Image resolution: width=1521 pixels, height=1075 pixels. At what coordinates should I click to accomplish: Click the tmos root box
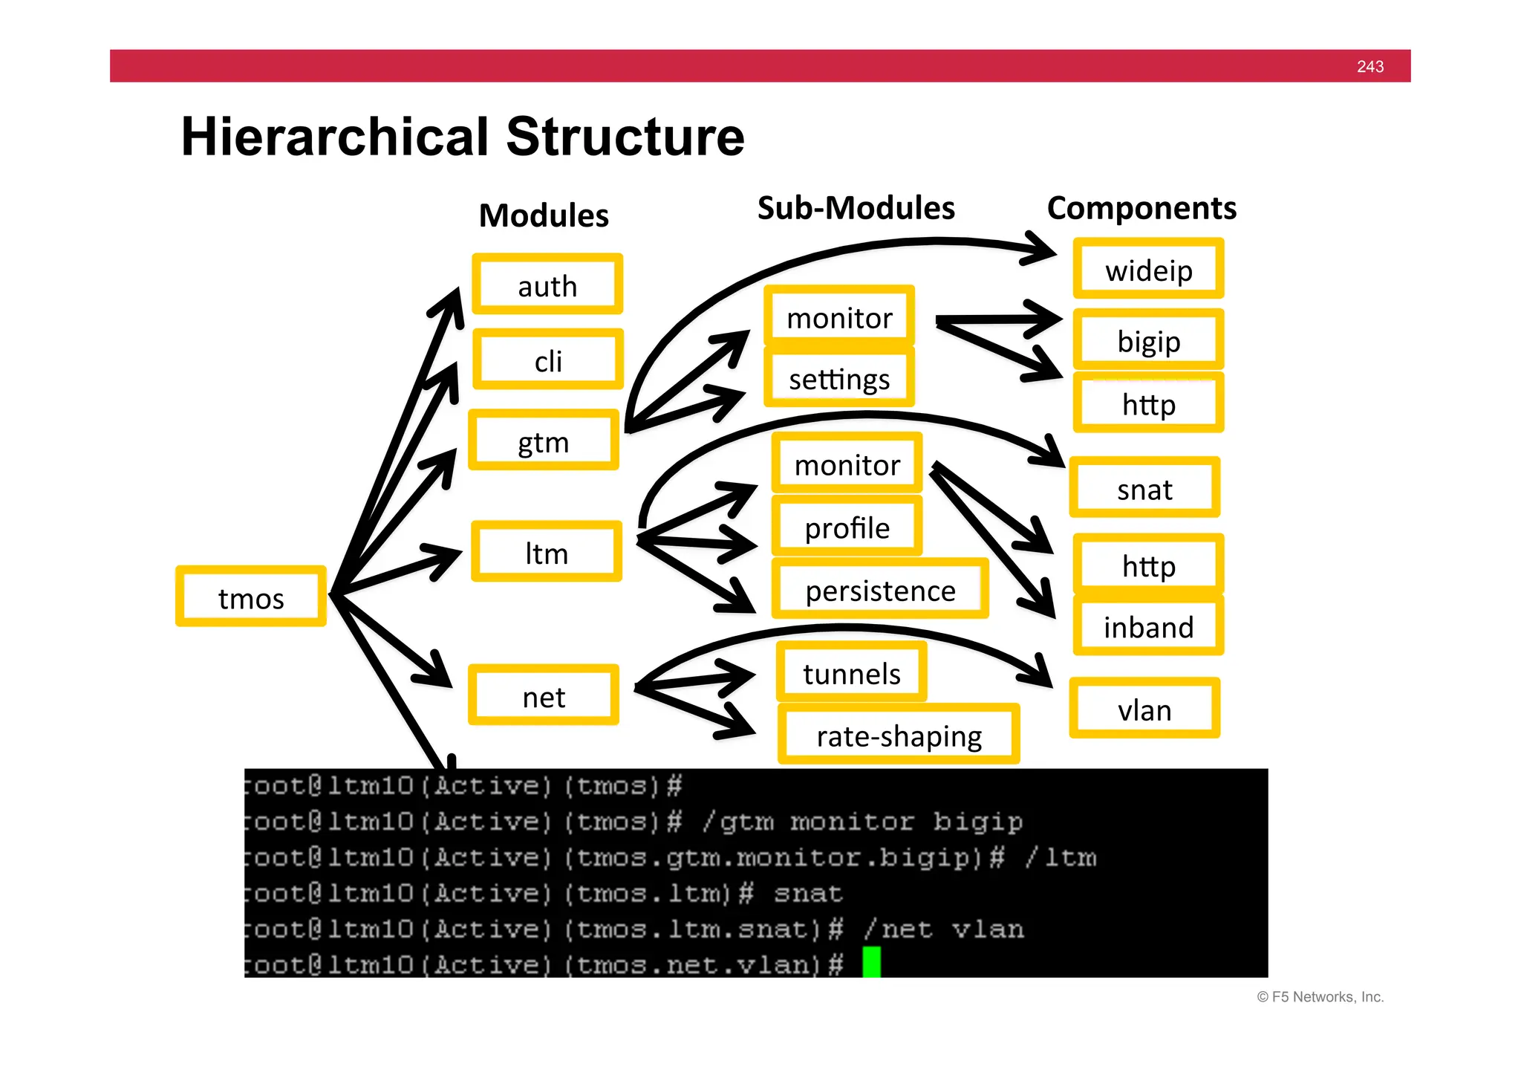click(250, 597)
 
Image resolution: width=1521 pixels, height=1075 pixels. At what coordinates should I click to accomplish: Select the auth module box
click(547, 285)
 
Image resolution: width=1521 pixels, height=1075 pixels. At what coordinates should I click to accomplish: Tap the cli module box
click(548, 360)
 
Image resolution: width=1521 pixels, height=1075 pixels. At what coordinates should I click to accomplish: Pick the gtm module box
click(544, 441)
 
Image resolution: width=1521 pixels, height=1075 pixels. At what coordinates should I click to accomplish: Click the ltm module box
click(547, 552)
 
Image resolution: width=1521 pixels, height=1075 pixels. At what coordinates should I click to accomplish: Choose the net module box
click(544, 696)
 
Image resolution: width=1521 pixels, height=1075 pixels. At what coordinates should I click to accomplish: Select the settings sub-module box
click(839, 378)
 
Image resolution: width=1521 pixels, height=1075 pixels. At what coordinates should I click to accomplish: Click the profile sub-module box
click(847, 527)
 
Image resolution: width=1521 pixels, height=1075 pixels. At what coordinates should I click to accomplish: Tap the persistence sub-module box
click(880, 590)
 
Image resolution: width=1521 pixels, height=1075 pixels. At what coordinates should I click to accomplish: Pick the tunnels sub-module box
click(851, 673)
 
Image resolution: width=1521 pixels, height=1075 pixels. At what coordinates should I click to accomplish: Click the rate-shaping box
click(899, 735)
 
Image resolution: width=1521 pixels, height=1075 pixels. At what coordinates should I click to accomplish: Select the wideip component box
click(1148, 269)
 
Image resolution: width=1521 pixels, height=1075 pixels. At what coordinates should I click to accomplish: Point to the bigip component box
click(1148, 340)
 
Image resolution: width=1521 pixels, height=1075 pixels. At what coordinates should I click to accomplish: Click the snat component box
click(1144, 489)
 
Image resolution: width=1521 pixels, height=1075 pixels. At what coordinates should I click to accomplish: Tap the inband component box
click(1148, 626)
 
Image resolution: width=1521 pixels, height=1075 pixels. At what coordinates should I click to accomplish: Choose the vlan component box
click(1144, 709)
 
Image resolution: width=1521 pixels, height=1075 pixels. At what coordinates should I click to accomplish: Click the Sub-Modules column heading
click(856, 207)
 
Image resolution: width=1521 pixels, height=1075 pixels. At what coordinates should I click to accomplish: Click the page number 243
click(1369, 66)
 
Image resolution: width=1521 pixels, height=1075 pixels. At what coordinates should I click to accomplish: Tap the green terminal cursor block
click(871, 963)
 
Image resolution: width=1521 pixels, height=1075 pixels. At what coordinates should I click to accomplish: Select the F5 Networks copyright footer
click(1320, 997)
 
